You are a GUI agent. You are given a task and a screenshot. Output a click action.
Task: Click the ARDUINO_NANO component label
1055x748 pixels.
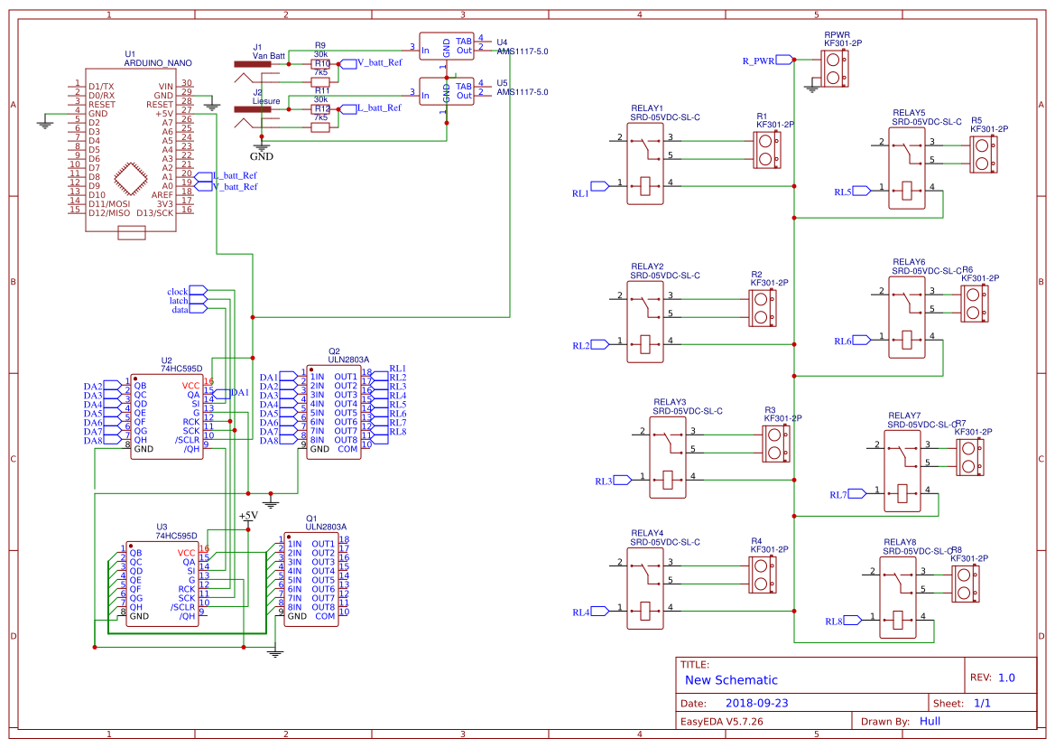[x=157, y=63]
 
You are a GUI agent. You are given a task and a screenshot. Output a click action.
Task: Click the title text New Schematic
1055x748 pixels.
[x=731, y=680]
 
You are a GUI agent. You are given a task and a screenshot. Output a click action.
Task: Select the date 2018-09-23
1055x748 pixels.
[x=756, y=703]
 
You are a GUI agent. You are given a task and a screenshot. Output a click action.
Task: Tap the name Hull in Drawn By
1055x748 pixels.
[x=930, y=721]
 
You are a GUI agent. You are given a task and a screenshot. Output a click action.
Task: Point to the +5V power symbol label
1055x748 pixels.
[x=247, y=515]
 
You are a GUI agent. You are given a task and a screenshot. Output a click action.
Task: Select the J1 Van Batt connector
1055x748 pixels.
[x=258, y=64]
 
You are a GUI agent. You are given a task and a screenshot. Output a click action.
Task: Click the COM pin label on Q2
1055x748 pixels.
[x=347, y=449]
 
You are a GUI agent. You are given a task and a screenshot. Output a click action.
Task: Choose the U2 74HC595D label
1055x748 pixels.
[x=180, y=369]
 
